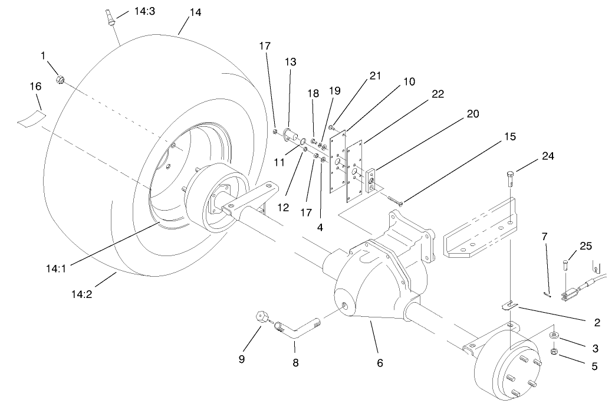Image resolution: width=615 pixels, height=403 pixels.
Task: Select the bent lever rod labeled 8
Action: coord(298,331)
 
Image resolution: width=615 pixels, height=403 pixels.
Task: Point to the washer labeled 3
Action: coord(555,336)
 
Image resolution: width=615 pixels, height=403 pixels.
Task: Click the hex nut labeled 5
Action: coord(555,352)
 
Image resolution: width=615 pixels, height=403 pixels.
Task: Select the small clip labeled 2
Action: coord(509,305)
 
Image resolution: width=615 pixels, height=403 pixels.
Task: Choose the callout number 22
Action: coord(438,94)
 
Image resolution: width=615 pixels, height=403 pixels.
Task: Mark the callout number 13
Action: coord(290,62)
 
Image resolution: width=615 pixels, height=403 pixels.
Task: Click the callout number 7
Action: coord(545,237)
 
